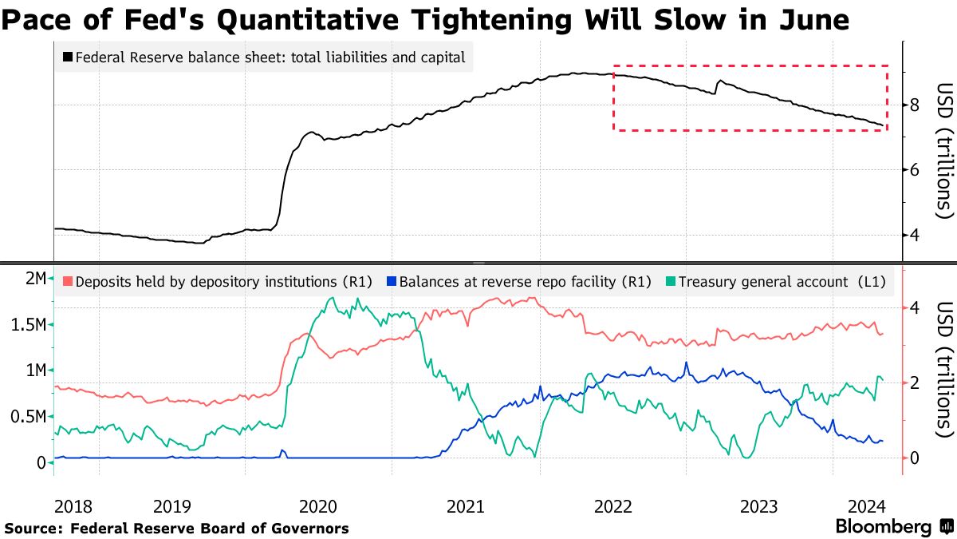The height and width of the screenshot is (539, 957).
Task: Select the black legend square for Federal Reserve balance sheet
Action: tap(67, 57)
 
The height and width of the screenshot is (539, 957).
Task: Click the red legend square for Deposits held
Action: tap(67, 281)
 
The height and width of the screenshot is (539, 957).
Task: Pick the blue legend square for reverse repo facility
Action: tap(390, 281)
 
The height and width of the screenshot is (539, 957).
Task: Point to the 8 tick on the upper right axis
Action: tap(915, 105)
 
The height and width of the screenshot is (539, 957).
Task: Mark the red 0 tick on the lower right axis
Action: tap(914, 458)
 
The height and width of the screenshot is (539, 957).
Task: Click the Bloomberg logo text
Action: tap(884, 527)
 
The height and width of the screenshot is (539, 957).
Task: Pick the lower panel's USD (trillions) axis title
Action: tap(944, 369)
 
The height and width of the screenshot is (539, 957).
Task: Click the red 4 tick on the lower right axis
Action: tap(914, 307)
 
